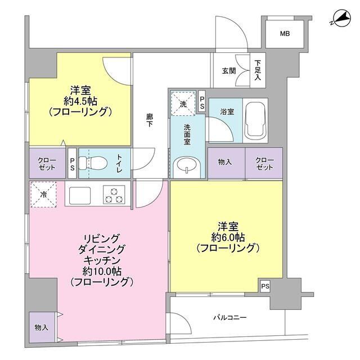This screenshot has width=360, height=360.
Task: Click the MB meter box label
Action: pos(286,34)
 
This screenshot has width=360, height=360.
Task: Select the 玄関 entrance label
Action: pos(228,70)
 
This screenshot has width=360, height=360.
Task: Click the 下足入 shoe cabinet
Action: pos(258,70)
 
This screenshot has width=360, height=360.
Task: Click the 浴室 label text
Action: pos(220,111)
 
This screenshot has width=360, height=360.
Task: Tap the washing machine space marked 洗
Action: pos(182,102)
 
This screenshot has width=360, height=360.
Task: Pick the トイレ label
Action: pos(120,163)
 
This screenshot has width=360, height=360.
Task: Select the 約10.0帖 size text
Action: pos(101,271)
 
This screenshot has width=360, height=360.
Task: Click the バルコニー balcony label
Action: pos(229,318)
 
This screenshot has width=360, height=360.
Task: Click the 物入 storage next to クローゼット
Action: pos(226,162)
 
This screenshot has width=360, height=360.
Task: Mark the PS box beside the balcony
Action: pos(265,286)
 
